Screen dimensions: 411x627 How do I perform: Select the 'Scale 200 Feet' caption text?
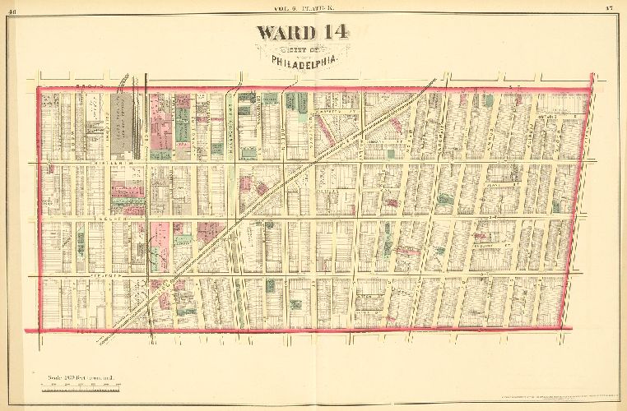[x=80, y=376]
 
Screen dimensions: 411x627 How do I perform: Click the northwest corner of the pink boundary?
[x=39, y=87]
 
